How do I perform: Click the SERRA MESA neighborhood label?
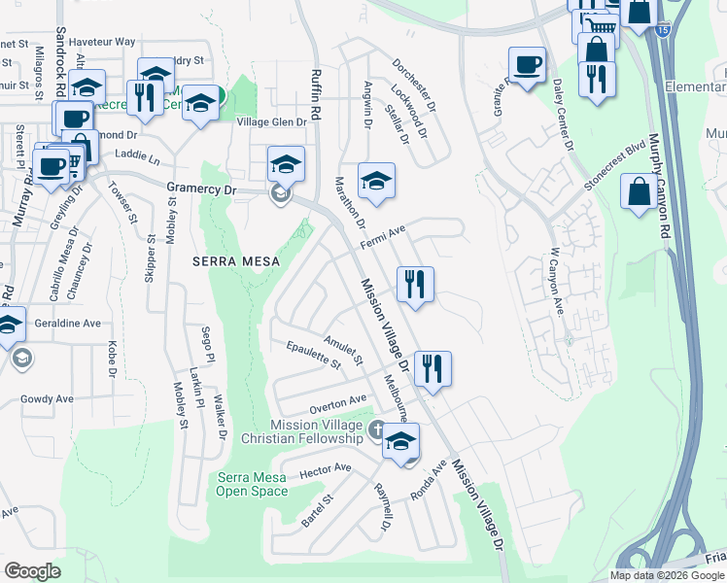[x=235, y=261]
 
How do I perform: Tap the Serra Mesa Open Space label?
[x=252, y=484]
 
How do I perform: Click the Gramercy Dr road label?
[x=202, y=190]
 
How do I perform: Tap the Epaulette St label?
[x=313, y=356]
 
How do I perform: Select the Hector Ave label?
[x=326, y=471]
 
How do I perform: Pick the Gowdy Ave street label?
[x=47, y=398]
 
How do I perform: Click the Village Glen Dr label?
[x=272, y=122]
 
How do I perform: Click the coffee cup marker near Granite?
[x=527, y=65]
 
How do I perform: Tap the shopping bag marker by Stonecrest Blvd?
[x=640, y=190]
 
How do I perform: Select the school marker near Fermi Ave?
[x=376, y=180]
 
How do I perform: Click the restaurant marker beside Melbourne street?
[x=433, y=368]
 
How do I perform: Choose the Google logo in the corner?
[x=33, y=571]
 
